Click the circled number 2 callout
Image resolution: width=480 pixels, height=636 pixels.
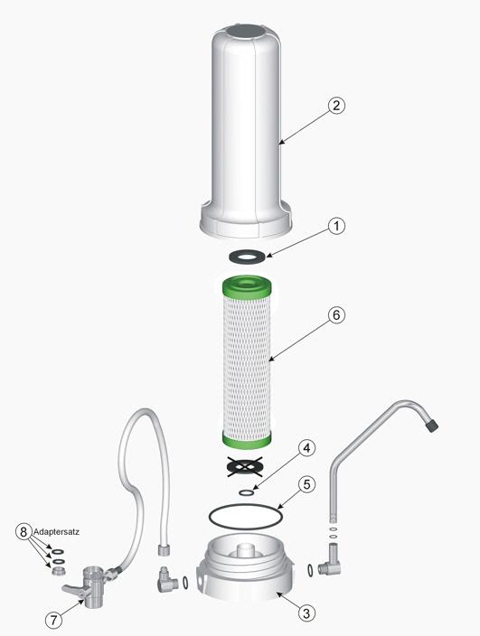(x=336, y=106)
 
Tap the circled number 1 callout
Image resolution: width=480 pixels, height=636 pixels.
(x=336, y=226)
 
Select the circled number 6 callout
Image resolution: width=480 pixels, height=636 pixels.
(x=336, y=314)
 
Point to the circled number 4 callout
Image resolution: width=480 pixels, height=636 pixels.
(x=306, y=448)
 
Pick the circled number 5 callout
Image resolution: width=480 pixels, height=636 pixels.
(x=306, y=484)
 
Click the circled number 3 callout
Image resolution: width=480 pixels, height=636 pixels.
(x=306, y=613)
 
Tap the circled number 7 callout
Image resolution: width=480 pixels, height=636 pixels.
(x=53, y=620)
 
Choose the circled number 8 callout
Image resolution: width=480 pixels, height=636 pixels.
(x=24, y=531)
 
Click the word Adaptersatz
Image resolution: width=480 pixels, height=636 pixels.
(x=56, y=532)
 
